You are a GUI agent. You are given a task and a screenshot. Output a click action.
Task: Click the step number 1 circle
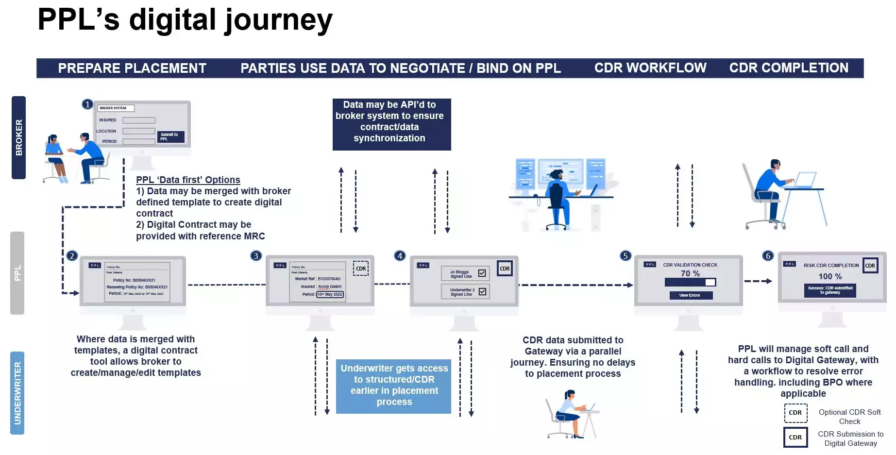[x=87, y=104]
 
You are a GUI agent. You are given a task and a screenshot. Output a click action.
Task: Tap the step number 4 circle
[x=400, y=256]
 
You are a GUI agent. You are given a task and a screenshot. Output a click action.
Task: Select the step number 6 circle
[x=768, y=256]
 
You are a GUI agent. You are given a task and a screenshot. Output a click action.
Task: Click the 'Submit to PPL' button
[x=170, y=136]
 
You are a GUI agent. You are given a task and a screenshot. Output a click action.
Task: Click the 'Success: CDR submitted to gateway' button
[x=830, y=290]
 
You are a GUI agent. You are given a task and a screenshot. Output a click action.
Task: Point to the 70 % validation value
[x=690, y=273]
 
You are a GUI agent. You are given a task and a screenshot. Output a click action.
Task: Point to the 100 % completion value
[x=830, y=276]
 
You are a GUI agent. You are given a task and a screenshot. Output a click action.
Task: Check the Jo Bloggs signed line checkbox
[x=482, y=273]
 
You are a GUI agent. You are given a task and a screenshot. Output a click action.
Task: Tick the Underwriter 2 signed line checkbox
[x=482, y=291]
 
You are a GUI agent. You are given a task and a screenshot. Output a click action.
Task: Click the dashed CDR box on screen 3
[x=361, y=269]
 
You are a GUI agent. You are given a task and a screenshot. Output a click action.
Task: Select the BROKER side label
[x=18, y=137]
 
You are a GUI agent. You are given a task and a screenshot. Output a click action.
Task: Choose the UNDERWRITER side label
[x=17, y=393]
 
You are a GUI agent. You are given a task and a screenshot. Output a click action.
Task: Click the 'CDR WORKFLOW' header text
[x=650, y=68]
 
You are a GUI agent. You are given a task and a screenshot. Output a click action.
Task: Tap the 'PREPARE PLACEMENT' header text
[x=132, y=68]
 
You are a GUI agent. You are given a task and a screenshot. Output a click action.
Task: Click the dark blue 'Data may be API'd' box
[x=391, y=124]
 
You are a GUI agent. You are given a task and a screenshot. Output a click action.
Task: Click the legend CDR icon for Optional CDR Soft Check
[x=795, y=413]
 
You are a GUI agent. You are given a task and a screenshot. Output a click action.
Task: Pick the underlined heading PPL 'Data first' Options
[x=188, y=180]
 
